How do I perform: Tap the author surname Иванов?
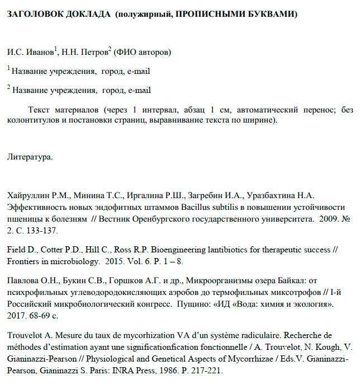[39, 53]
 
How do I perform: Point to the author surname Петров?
[92, 53]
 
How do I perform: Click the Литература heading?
[30, 157]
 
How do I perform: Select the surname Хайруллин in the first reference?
[27, 195]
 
